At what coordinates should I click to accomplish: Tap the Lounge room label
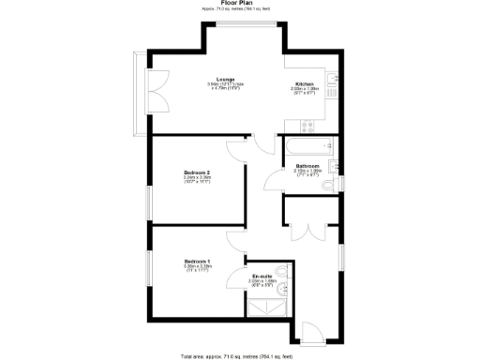[x=226, y=79]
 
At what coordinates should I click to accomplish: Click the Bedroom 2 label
[x=196, y=172]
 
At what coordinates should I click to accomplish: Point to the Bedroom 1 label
[x=196, y=261]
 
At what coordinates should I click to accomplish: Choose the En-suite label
[x=262, y=276]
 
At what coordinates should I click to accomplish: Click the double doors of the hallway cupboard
[x=308, y=232]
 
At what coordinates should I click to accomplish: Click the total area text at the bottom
[x=236, y=355]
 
